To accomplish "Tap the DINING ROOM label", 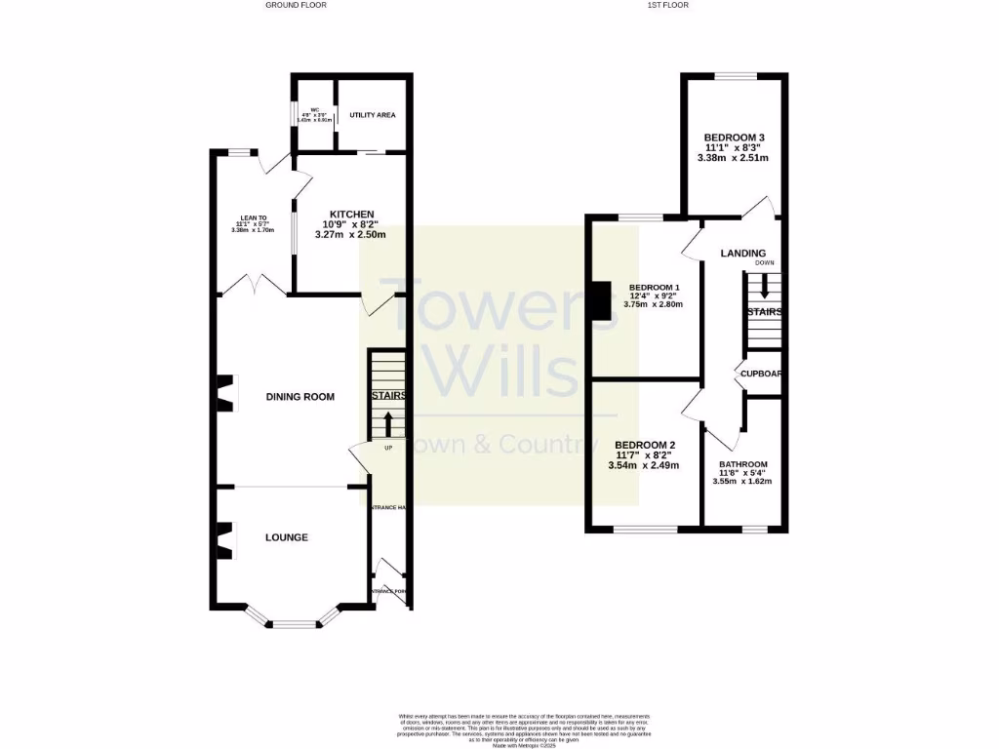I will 300,397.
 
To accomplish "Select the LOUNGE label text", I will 287,537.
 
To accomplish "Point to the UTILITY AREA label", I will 366,115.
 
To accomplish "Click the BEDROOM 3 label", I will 733,138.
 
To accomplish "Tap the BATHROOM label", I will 743,464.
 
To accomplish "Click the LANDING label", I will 742,254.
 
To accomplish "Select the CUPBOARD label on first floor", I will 759,374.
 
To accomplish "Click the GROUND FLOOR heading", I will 296,5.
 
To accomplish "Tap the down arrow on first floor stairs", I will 764,287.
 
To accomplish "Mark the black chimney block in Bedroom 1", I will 596,300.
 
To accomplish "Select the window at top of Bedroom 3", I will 734,76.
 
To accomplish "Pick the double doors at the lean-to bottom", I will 252,286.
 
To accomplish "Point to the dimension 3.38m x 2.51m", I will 733,158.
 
